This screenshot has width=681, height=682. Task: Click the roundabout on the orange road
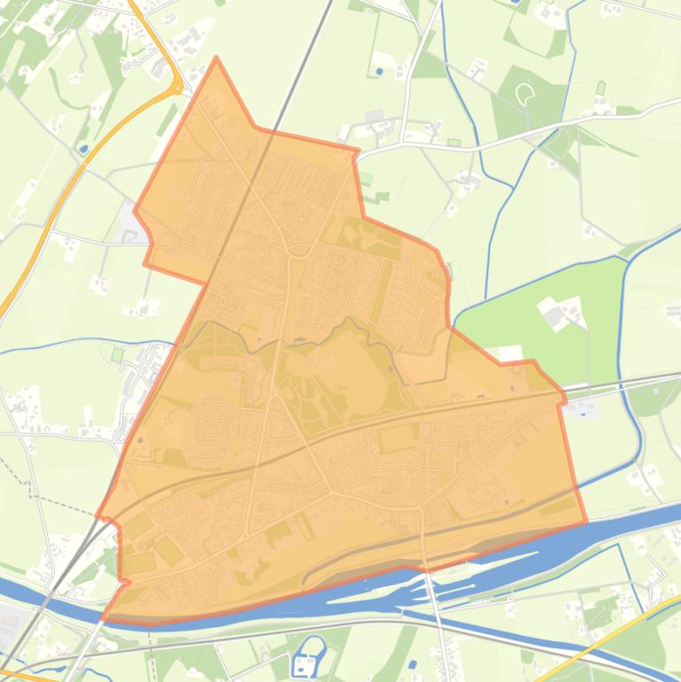pyautogui.click(x=177, y=87)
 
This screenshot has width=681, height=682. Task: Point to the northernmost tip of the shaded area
pyautogui.click(x=216, y=59)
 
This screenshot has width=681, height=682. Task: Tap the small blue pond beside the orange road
pyautogui.click(x=84, y=149)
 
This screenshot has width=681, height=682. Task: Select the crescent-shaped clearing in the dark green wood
pyautogui.click(x=525, y=91)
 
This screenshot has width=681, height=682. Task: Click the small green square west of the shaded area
pyautogui.click(x=118, y=355)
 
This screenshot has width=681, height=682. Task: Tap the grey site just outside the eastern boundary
pyautogui.click(x=584, y=408)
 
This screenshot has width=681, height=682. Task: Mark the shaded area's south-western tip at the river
pyautogui.click(x=104, y=617)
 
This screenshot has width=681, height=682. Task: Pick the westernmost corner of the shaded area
pyautogui.click(x=97, y=515)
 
